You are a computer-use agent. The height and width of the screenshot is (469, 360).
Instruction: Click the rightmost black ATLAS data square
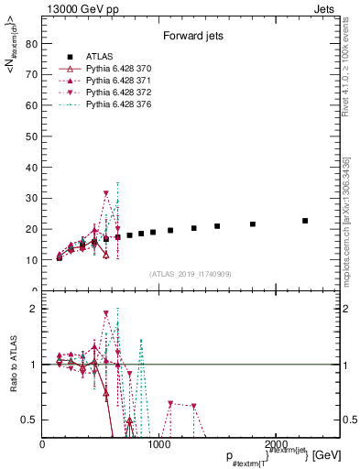305,221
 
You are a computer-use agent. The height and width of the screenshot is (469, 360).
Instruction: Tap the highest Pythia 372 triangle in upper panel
106,193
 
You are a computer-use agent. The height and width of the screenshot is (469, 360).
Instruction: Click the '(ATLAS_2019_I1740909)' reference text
190,274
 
